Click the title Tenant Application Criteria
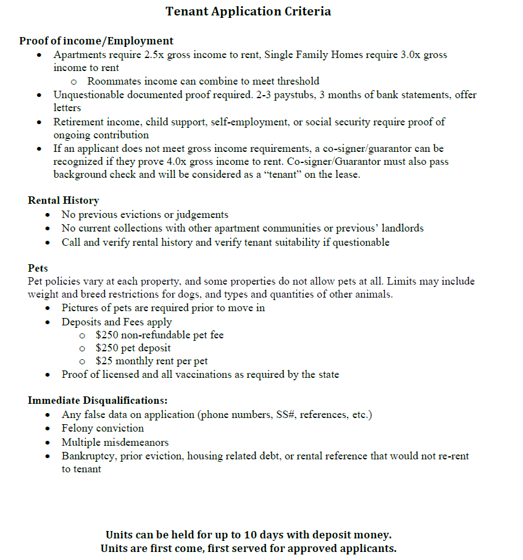pyautogui.click(x=248, y=12)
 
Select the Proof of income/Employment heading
pyautogui.click(x=96, y=41)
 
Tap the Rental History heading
pyautogui.click(x=63, y=201)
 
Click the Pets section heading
pyautogui.click(x=38, y=269)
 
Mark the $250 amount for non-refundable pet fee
pyautogui.click(x=107, y=335)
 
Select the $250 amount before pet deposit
pyautogui.click(x=107, y=348)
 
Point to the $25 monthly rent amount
pyautogui.click(x=104, y=361)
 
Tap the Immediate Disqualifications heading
pyautogui.click(x=98, y=401)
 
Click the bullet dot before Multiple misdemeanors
pyautogui.click(x=49, y=443)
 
